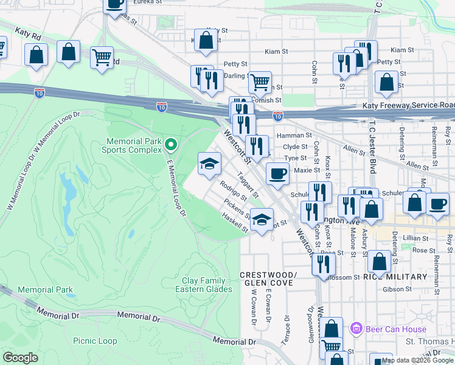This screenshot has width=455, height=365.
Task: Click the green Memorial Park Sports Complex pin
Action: click(x=171, y=145)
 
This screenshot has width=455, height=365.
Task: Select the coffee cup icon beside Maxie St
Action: click(x=277, y=173)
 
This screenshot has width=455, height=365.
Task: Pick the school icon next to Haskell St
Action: click(x=262, y=219)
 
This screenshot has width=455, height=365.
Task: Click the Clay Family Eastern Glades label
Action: click(x=207, y=285)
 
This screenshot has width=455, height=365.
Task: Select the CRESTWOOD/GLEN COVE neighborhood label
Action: click(x=268, y=279)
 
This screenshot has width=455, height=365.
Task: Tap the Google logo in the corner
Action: click(x=20, y=358)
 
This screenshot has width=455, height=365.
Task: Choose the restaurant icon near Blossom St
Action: click(x=324, y=263)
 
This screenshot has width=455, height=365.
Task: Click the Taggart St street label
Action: click(x=248, y=186)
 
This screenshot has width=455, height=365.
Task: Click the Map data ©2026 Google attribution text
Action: click(x=417, y=361)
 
